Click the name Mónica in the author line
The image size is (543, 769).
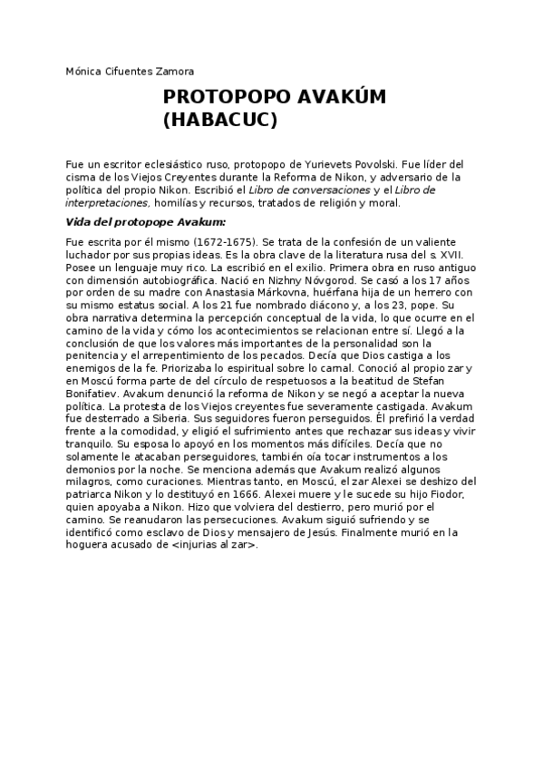coord(85,71)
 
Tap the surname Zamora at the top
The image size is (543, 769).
coord(170,71)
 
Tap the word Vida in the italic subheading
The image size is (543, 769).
coord(80,221)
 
